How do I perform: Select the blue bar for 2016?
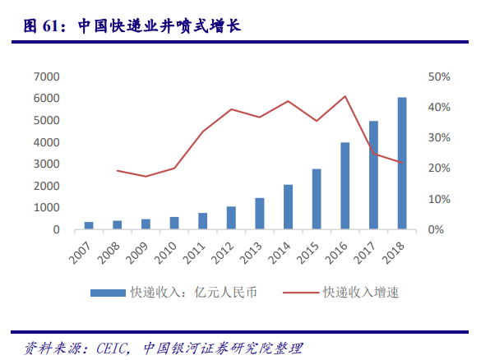(345, 186)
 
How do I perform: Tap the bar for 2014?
(289, 207)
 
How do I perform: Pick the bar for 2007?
(89, 225)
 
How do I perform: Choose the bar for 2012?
(231, 218)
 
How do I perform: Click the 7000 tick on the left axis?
(46, 76)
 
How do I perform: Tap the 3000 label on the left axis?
(46, 164)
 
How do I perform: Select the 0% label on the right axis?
(437, 230)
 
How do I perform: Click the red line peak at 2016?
(345, 96)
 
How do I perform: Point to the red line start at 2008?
(118, 170)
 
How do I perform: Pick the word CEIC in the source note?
(113, 348)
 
